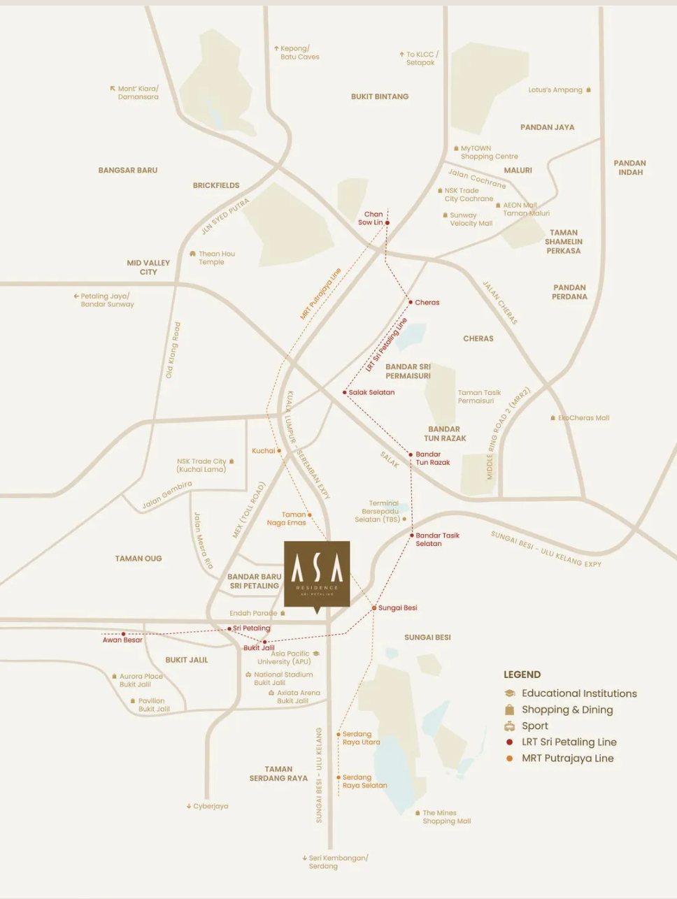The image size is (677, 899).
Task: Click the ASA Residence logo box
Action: (x=317, y=573)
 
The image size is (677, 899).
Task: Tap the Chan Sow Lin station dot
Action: (x=387, y=223)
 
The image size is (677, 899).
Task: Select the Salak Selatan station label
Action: (x=371, y=393)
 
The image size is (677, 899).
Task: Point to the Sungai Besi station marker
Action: (x=374, y=608)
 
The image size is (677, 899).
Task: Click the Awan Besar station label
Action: (x=122, y=640)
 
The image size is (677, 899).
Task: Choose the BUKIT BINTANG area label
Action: (x=380, y=96)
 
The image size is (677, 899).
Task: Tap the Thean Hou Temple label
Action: (x=216, y=258)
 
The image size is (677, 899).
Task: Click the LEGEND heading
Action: (x=522, y=675)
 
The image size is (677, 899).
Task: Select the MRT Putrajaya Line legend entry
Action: (x=567, y=758)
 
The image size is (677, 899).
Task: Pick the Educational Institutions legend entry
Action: (x=578, y=693)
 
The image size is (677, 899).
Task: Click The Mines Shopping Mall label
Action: (x=446, y=817)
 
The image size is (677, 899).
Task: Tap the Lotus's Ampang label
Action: (x=555, y=90)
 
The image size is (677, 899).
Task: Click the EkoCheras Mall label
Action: (x=583, y=418)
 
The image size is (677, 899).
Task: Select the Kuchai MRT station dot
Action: (x=279, y=451)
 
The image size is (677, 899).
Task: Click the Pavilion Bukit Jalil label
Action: (x=153, y=705)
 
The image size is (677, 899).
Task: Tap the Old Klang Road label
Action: (x=173, y=350)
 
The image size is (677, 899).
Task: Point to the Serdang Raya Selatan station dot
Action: (x=338, y=777)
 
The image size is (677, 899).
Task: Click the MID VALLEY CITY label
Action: (x=148, y=267)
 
